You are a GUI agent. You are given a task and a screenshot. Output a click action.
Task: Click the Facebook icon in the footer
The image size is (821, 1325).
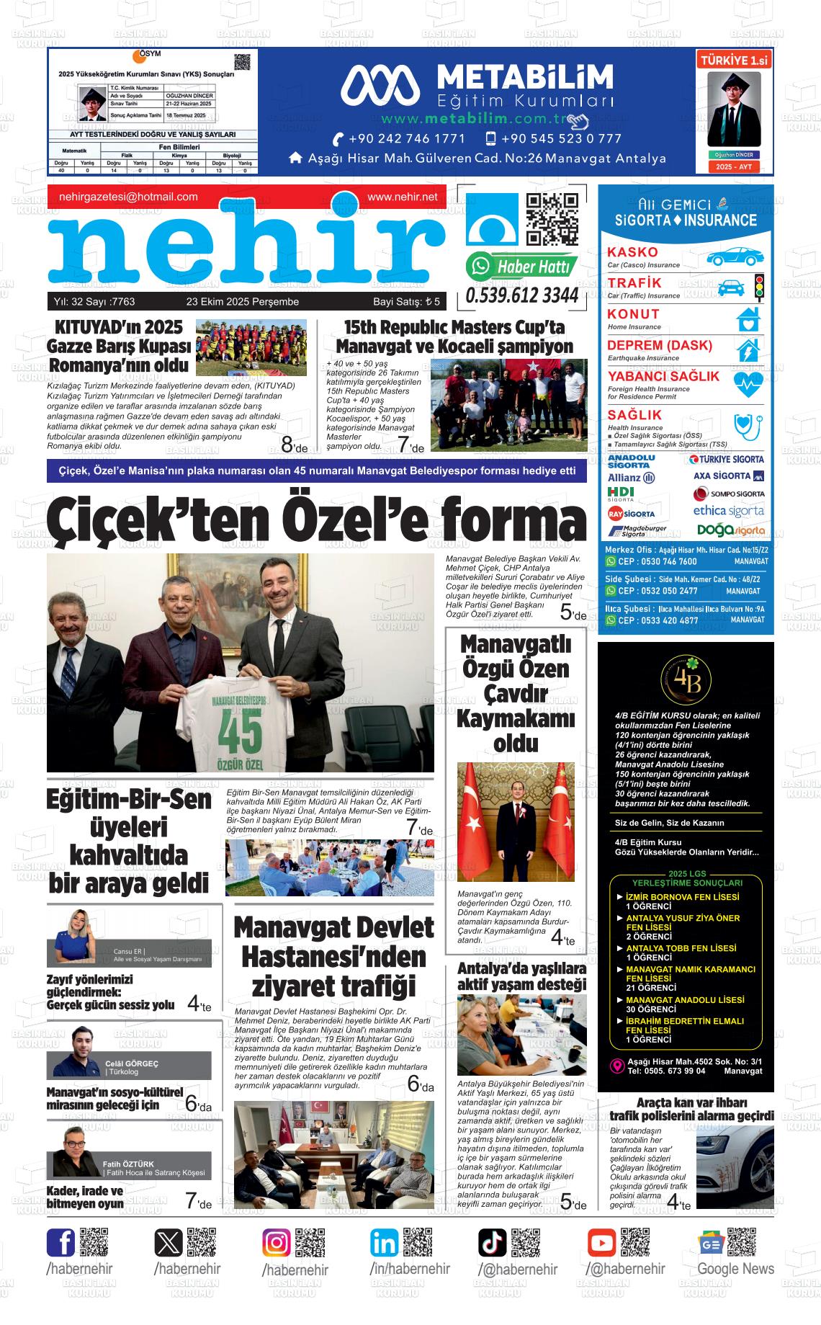(61, 1243)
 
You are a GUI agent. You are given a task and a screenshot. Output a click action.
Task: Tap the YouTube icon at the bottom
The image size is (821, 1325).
(601, 1243)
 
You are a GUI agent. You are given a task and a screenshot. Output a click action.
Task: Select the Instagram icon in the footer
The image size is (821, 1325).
(277, 1243)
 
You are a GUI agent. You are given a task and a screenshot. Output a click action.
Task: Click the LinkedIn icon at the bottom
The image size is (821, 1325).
(385, 1243)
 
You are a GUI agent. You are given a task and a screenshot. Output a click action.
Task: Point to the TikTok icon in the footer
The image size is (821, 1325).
(493, 1243)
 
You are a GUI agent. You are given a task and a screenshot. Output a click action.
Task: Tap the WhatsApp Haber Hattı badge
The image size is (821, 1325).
(521, 267)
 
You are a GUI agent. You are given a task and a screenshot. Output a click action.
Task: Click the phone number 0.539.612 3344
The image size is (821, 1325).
(522, 295)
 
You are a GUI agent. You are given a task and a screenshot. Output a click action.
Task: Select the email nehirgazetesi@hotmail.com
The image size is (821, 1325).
(128, 197)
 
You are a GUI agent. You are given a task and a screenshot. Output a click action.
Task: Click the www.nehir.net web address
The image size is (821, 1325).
(402, 197)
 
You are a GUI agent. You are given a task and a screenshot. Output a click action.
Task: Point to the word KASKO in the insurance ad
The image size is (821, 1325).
(632, 252)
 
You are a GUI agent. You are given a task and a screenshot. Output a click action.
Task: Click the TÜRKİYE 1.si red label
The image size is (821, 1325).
(734, 61)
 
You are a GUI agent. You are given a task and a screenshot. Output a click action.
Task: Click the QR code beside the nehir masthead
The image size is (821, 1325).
(552, 220)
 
